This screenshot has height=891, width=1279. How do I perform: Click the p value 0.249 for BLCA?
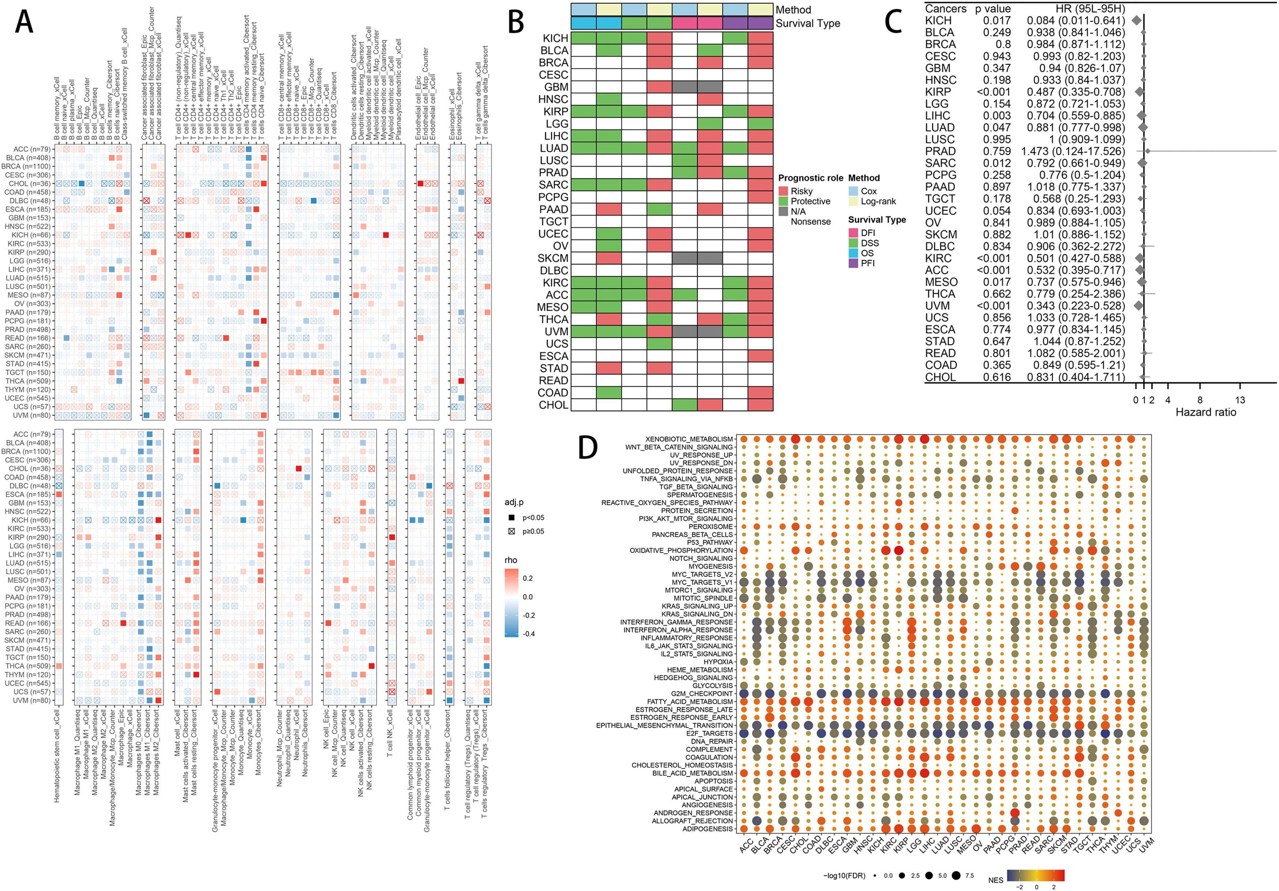coord(997,32)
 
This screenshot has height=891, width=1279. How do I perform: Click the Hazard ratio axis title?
coord(1206,412)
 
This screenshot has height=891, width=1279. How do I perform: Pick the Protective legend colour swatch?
coord(783,201)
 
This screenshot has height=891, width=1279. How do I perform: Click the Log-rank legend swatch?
coord(853,201)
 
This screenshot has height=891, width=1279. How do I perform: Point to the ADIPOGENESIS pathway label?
coord(707,829)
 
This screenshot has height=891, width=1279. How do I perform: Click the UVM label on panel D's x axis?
coord(1146,846)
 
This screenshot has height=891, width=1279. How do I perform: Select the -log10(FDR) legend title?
coord(844,875)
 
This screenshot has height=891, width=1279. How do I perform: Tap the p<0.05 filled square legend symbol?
coord(511,517)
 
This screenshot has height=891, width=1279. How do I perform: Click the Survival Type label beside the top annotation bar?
coord(808,23)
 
